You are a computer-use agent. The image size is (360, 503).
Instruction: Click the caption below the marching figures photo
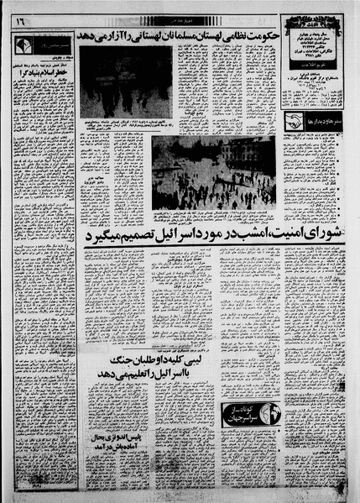click(x=126, y=128)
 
